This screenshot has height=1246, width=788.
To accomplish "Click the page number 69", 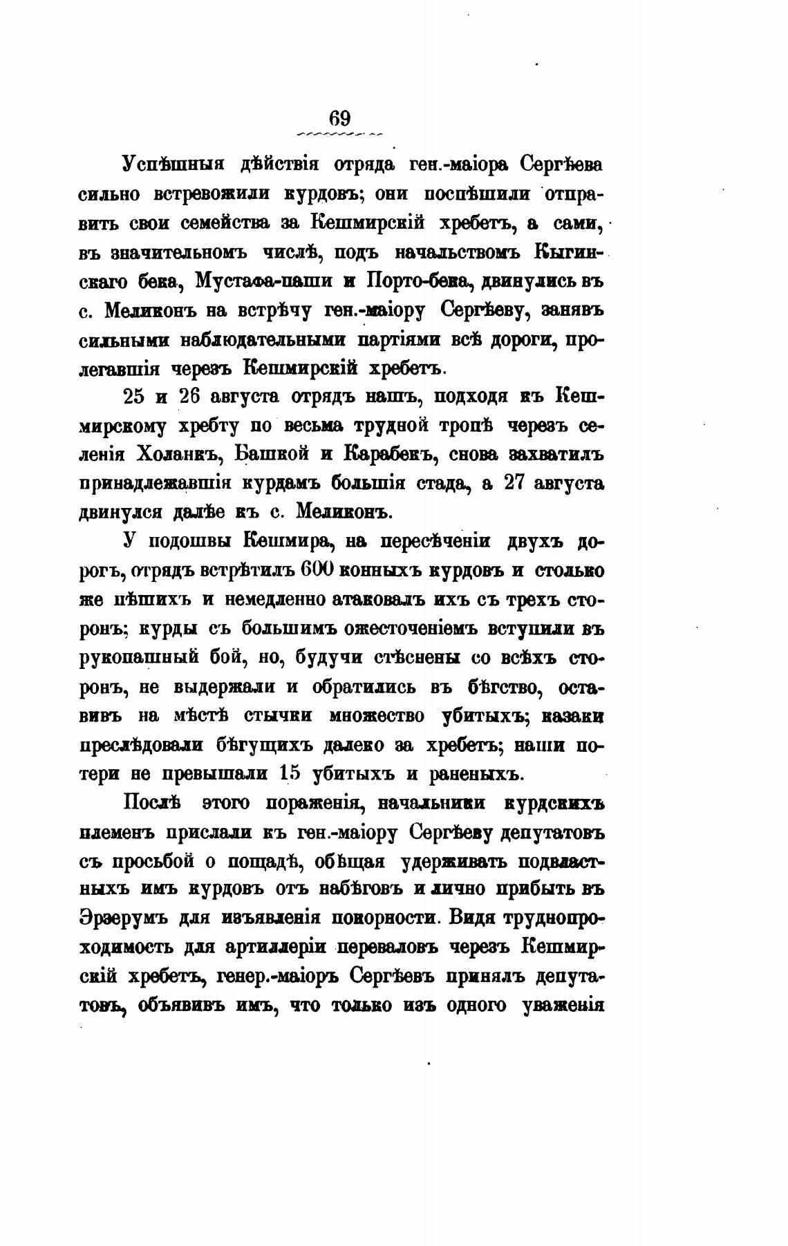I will click(x=340, y=117).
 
